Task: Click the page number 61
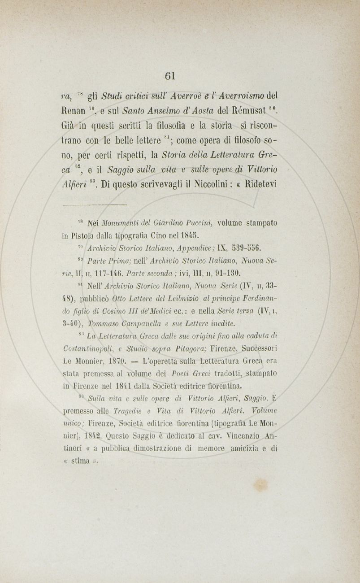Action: point(170,75)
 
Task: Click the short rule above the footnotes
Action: point(94,204)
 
